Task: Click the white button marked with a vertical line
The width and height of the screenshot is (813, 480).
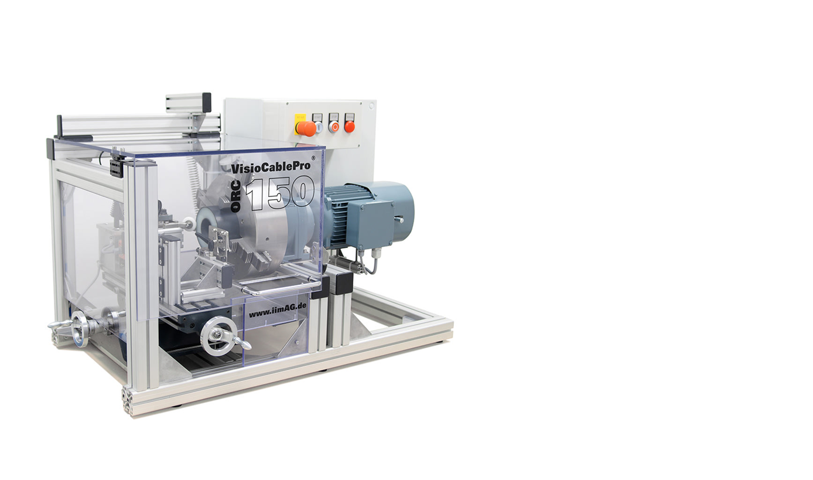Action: (318, 127)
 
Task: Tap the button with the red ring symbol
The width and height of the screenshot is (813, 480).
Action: (333, 127)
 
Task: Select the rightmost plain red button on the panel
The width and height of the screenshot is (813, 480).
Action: (350, 127)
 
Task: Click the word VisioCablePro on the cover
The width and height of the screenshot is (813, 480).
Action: (271, 168)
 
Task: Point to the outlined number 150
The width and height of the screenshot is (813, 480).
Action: (279, 193)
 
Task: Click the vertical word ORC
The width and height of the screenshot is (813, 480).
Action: (236, 198)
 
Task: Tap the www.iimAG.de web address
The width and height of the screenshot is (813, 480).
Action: (278, 311)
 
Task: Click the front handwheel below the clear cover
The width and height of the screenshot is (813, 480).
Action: (220, 336)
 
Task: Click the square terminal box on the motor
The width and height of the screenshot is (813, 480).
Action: (371, 225)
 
